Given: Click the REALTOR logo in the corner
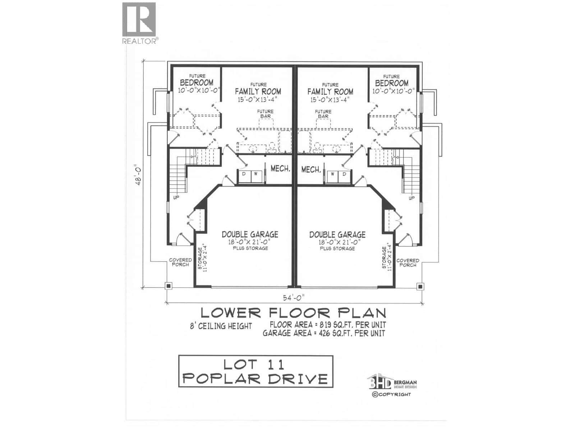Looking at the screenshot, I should (x=139, y=23).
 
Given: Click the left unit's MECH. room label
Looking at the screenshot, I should (x=280, y=168).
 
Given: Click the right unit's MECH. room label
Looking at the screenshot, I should (x=311, y=169).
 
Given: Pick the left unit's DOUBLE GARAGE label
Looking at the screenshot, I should (x=250, y=235).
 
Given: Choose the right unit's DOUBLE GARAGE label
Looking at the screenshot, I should (x=337, y=235).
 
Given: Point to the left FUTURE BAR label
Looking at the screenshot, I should (x=265, y=113).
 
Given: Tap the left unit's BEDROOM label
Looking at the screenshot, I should (x=197, y=83).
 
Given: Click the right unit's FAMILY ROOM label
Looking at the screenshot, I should (x=330, y=92).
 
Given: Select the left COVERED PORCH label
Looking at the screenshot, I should (x=180, y=262).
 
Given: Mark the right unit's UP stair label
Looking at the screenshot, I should (x=411, y=198).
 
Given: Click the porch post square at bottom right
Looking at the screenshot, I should (x=420, y=286).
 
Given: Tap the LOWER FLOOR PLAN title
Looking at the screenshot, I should (x=293, y=312).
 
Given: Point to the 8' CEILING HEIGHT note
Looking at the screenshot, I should (x=221, y=326).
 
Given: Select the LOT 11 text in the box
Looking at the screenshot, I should (x=254, y=365).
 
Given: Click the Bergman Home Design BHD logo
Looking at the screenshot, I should (x=380, y=383).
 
